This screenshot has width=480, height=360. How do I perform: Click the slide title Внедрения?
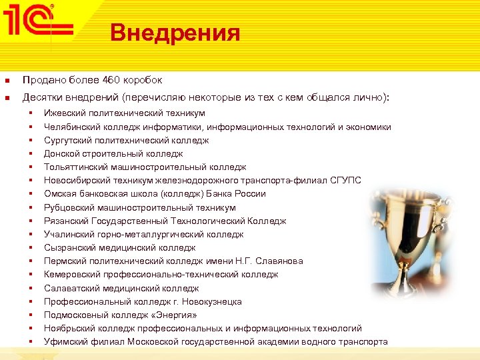pos(175,32)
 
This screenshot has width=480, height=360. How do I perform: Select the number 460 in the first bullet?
pos(110,80)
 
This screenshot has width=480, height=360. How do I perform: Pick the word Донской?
pos(62,153)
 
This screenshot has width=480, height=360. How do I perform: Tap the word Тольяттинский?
pos(76,167)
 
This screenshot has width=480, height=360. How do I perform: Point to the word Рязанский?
pos(67,221)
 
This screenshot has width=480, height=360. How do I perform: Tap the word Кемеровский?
pos(72,274)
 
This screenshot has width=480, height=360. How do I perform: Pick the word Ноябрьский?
pos(69,328)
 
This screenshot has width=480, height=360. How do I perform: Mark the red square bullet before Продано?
pos(7,81)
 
